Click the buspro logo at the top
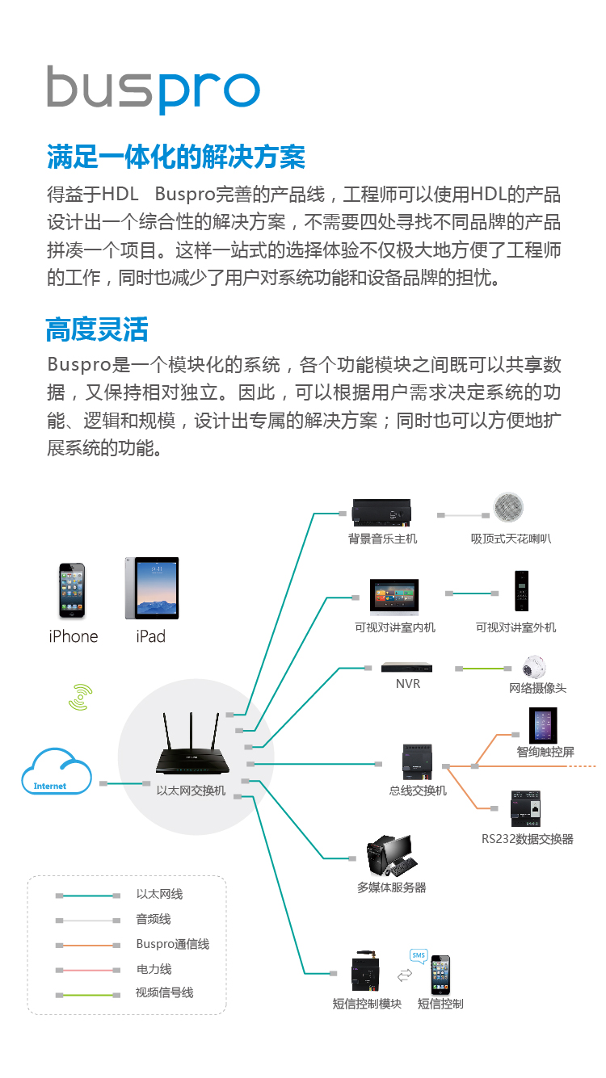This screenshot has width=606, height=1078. [153, 89]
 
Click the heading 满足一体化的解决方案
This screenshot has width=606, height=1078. [175, 156]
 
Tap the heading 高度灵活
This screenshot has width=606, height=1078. [97, 329]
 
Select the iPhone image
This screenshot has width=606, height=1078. [73, 591]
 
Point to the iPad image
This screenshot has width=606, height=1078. [151, 588]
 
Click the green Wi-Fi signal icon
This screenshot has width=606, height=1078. [80, 697]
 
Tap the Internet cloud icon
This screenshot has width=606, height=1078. [56, 772]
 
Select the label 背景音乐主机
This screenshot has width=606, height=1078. [382, 539]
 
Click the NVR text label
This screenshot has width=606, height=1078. [408, 685]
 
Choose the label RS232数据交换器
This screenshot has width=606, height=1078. [528, 839]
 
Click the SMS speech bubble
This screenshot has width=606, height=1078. [418, 955]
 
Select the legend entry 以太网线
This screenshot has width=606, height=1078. [159, 894]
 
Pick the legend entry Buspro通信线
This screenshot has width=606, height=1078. [172, 944]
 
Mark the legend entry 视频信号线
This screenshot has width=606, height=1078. [164, 992]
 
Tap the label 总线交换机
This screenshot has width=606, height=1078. [418, 791]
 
